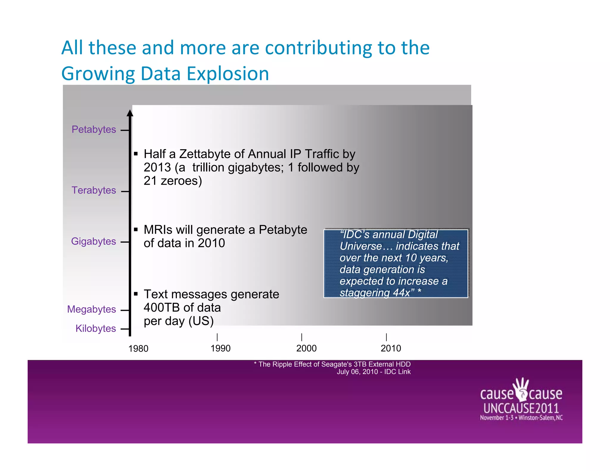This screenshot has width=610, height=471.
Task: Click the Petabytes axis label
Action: [94, 130]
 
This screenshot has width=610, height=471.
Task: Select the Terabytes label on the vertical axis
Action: [94, 190]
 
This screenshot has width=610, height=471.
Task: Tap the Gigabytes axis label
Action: [93, 241]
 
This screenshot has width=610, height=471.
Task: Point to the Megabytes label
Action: [91, 309]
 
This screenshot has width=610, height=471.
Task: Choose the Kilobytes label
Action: [95, 328]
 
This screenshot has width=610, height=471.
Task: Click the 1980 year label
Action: [138, 348]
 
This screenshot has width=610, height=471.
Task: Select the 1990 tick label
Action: [220, 348]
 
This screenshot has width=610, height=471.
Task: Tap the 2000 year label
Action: [306, 348]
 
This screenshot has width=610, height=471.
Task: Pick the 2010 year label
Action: [391, 348]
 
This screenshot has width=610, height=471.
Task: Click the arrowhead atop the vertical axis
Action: [130, 113]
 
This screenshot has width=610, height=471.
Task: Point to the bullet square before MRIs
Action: [136, 230]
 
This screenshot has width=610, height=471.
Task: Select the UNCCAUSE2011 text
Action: [521, 408]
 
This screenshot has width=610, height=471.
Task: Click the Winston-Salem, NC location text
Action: [541, 418]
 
